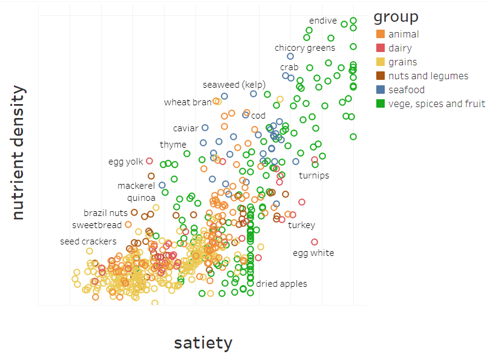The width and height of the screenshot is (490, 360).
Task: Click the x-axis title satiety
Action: point(203,343)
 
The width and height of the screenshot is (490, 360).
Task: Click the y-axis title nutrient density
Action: point(18,152)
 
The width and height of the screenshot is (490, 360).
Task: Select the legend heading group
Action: point(396,16)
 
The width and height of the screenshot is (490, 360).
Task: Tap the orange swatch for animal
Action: point(381,34)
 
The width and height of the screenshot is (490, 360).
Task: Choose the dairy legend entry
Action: point(399,48)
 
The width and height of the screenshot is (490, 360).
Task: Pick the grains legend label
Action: point(402,62)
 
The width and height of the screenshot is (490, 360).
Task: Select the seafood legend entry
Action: point(407,90)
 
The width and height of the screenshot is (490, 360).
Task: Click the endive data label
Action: point(322,21)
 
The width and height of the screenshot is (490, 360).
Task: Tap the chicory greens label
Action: point(305,48)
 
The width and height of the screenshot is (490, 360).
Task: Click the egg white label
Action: point(313,254)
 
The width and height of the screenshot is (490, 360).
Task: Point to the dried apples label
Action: point(281,284)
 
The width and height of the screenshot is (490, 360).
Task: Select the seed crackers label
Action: point(88,242)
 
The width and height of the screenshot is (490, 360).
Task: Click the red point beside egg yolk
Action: point(150,161)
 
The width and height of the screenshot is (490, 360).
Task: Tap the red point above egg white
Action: point(315,242)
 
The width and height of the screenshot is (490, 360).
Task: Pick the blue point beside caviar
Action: point(205,128)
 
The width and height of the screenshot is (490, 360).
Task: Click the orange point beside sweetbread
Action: point(128,224)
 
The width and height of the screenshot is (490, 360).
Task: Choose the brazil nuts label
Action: point(106,213)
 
